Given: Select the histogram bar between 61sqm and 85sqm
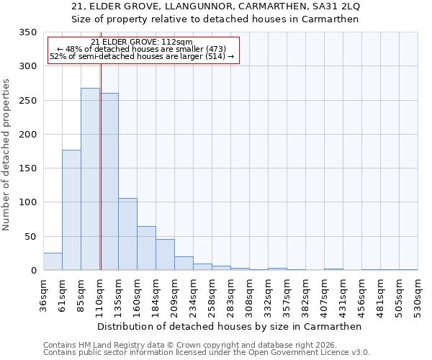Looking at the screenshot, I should point(71,210).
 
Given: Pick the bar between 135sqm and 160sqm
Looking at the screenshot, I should point(127,234).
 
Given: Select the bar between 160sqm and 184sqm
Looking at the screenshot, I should point(146,248).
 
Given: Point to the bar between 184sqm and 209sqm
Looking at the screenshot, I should point(165,255).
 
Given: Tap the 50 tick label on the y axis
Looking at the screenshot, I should point(30,237).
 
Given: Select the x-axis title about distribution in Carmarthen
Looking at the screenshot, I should point(230,326).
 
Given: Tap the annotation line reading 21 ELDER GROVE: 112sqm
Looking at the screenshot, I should point(142,42).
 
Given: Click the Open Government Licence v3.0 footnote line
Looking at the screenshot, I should point(206,353).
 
